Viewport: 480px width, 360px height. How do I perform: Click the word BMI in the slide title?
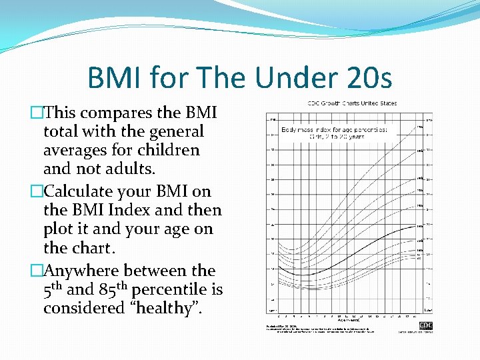[115, 78]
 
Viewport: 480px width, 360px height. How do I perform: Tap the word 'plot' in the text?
[59, 229]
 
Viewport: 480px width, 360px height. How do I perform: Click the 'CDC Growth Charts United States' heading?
[352, 103]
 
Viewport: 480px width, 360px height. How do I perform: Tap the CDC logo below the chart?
[426, 325]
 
